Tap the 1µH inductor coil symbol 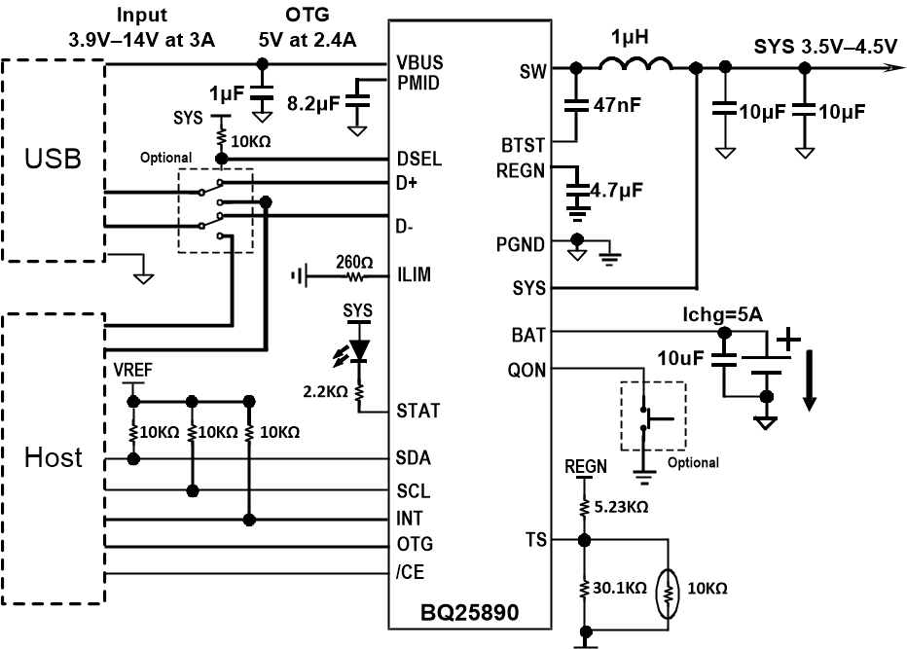[635, 65]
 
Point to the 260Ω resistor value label [354, 260]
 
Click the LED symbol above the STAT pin [359, 348]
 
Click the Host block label [54, 456]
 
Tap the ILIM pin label [415, 275]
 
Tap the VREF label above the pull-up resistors [132, 371]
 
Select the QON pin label [527, 370]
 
